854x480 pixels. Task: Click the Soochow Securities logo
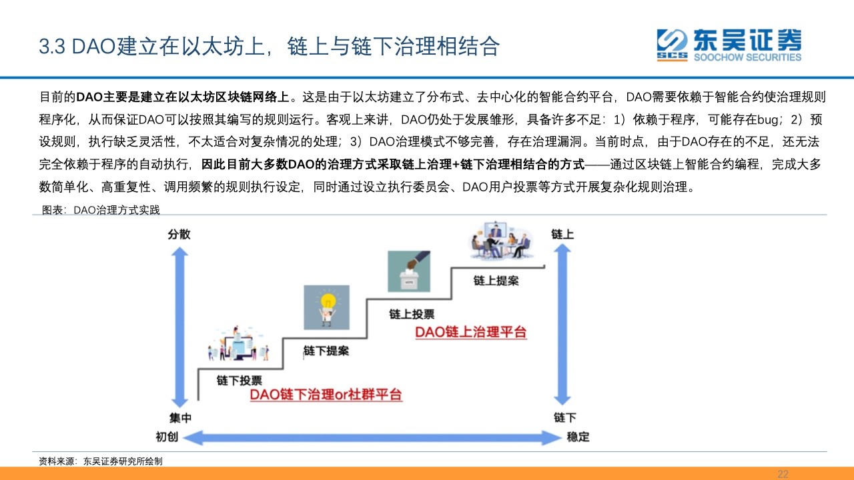click(x=729, y=45)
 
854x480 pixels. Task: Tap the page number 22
click(x=783, y=474)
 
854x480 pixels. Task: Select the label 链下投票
click(x=239, y=380)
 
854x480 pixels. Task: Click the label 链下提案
click(x=326, y=351)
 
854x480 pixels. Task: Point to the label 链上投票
click(x=412, y=314)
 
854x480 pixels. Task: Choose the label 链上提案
click(x=496, y=281)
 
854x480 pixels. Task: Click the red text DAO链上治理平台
click(x=471, y=332)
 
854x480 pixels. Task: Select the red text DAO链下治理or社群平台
click(x=326, y=394)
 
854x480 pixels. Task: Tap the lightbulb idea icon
click(x=326, y=307)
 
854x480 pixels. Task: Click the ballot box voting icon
click(x=409, y=271)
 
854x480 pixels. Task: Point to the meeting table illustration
click(x=500, y=241)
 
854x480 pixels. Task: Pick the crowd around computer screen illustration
click(x=239, y=343)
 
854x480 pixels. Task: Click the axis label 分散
click(x=179, y=234)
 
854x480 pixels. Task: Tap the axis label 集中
click(x=180, y=418)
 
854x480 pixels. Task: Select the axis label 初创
click(x=167, y=437)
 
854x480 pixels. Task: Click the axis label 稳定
click(x=578, y=437)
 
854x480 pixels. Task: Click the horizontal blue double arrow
click(x=372, y=437)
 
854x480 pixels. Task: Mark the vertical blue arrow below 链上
click(x=562, y=325)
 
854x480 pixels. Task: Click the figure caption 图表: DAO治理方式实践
click(x=101, y=210)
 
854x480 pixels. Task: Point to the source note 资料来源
click(x=101, y=461)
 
